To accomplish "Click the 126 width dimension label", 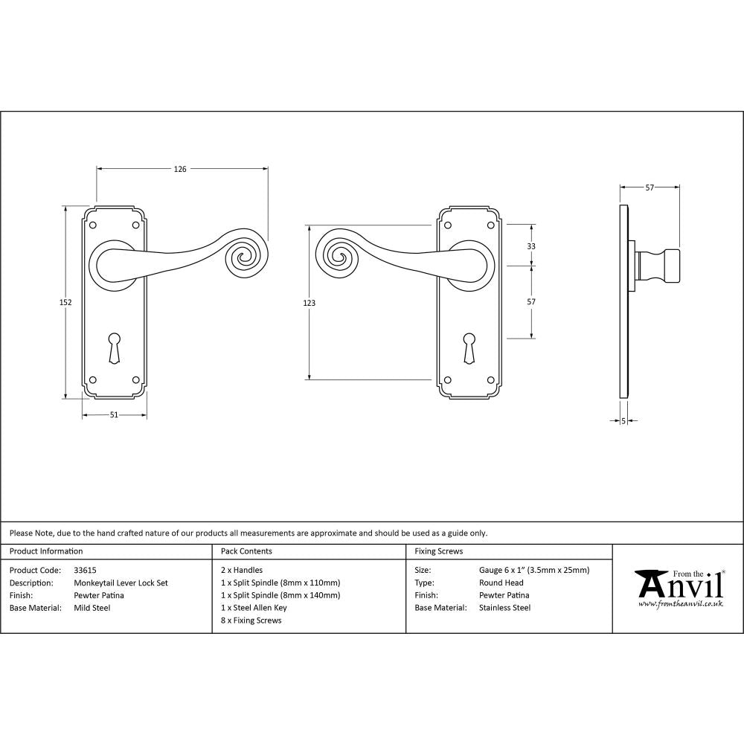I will tap(180, 169).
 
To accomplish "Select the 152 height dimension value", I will tap(65, 302).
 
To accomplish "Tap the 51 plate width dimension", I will tap(114, 415).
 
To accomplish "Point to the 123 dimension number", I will tap(310, 303).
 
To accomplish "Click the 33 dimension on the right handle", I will tap(531, 246).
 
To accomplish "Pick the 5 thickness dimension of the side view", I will tap(623, 421).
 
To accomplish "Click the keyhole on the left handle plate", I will tap(114, 348).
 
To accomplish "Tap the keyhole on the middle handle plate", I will tap(469, 348).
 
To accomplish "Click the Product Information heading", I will tap(46, 551).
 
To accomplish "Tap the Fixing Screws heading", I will tap(439, 551).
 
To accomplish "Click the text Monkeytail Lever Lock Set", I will tap(121, 583).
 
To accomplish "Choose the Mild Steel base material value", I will tap(92, 608).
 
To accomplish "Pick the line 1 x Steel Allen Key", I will tap(254, 608).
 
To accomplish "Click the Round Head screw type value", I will tap(501, 583).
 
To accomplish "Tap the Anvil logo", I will tap(678, 588).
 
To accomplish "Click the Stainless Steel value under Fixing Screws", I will tap(505, 608).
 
